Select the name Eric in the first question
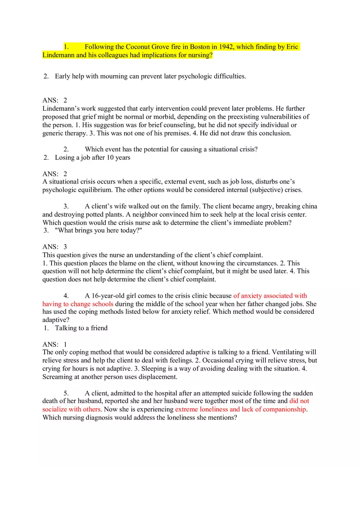pyautogui.click(x=292, y=47)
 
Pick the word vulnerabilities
pyautogui.click(x=283, y=117)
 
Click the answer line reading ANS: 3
pyautogui.click(x=54, y=247)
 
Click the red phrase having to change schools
pyautogui.click(x=78, y=304)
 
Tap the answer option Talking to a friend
pyautogui.click(x=81, y=328)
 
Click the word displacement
pyautogui.click(x=158, y=377)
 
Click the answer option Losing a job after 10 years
pyautogui.click(x=92, y=157)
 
